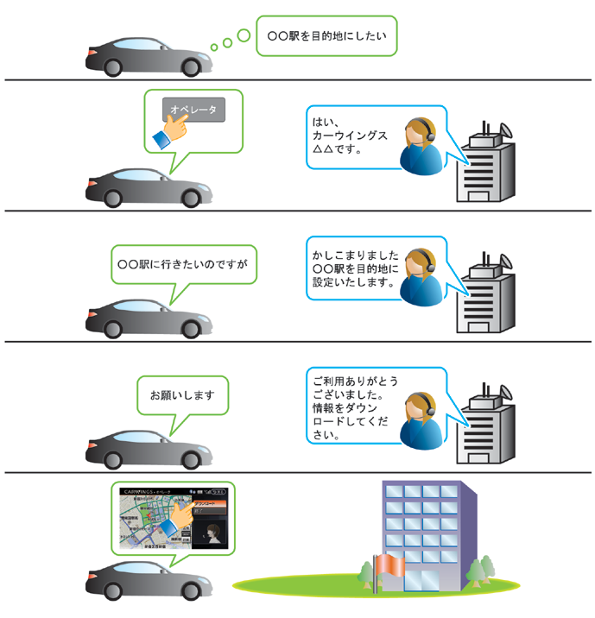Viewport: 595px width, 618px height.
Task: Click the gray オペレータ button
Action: (193, 109)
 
